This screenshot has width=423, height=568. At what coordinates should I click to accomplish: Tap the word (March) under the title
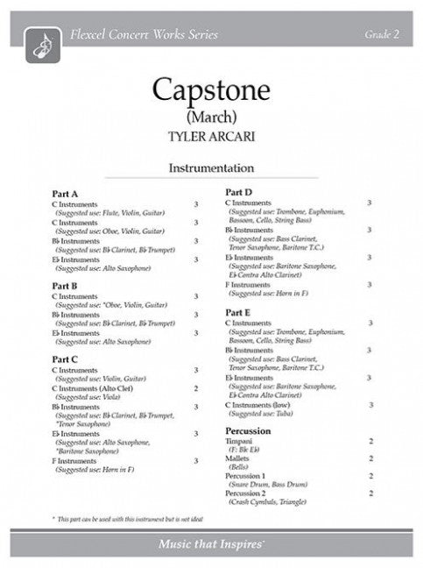pyautogui.click(x=211, y=113)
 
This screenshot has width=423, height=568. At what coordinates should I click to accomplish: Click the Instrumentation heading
pyautogui.click(x=211, y=167)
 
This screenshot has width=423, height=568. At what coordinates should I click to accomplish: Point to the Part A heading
pyautogui.click(x=65, y=193)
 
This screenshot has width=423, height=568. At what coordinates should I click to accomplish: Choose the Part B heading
pyautogui.click(x=65, y=286)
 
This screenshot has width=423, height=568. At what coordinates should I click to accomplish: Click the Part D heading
pyautogui.click(x=239, y=191)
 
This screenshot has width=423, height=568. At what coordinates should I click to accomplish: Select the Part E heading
pyautogui.click(x=239, y=312)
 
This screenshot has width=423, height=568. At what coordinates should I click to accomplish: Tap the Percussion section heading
pyautogui.click(x=247, y=431)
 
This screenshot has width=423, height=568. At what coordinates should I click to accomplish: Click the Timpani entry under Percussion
pyautogui.click(x=241, y=443)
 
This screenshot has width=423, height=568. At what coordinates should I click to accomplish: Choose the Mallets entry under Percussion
pyautogui.click(x=239, y=459)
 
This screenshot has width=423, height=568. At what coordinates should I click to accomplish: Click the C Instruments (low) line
pyautogui.click(x=261, y=406)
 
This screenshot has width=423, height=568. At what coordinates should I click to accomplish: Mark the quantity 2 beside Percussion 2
pyautogui.click(x=371, y=493)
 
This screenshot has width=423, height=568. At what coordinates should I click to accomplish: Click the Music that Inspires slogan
pyautogui.click(x=300, y=548)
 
